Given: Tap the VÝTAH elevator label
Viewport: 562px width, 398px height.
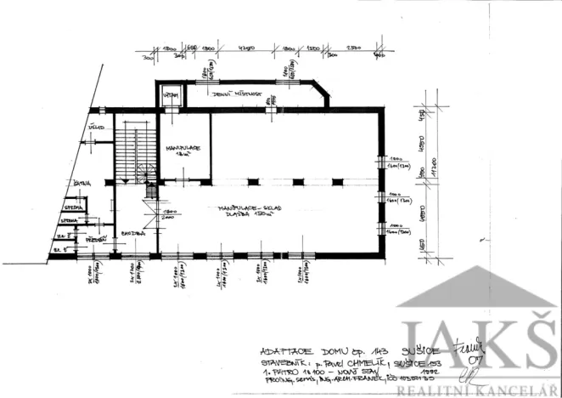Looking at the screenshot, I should pos(171,96).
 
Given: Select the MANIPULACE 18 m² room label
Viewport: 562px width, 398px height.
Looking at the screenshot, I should pos(183,151).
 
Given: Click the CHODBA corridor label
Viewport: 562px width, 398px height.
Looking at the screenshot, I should pos(132,233).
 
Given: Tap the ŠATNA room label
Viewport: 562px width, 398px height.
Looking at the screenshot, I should pos(82,183).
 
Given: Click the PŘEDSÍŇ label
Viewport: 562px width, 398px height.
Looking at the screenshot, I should pos(95,241).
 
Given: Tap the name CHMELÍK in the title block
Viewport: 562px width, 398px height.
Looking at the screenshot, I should pos(362,361).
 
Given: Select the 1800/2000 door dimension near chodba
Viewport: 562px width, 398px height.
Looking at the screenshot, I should pos(167,213).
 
